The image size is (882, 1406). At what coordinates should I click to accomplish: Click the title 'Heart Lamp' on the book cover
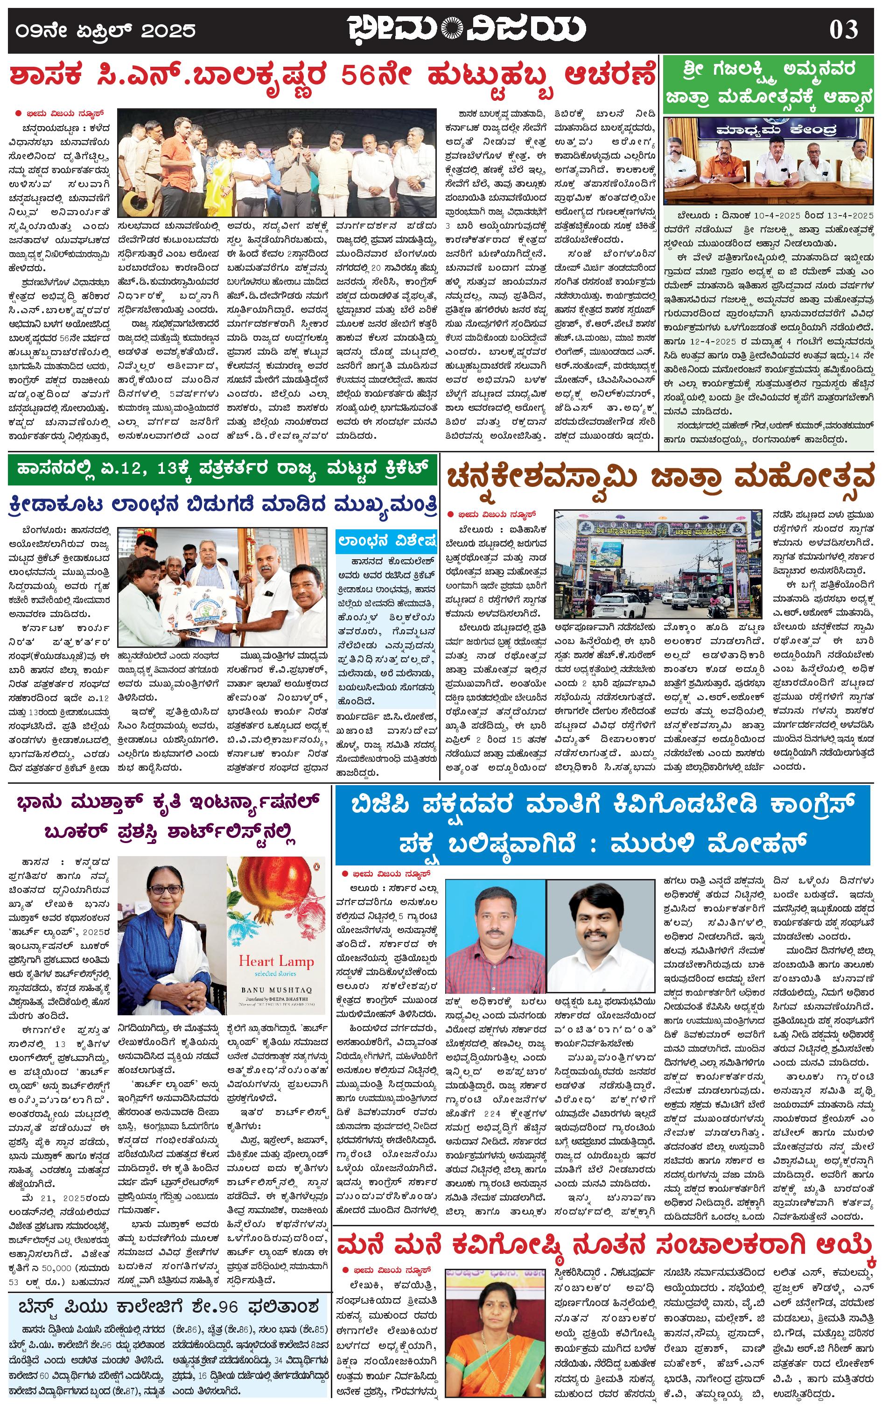(x=276, y=960)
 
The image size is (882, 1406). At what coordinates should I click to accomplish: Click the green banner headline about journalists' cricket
(x=222, y=468)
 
